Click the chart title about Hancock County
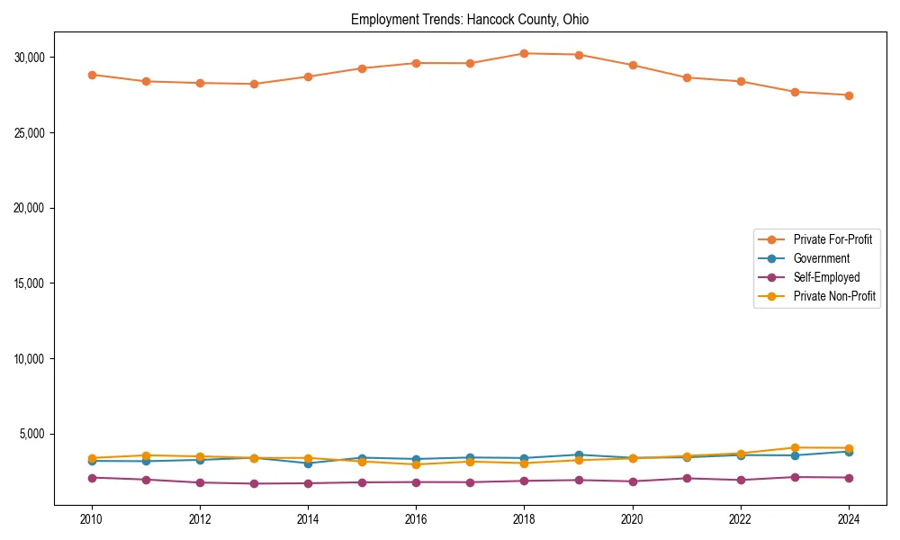tap(470, 20)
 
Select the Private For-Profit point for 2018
tap(524, 53)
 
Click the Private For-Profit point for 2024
tap(849, 95)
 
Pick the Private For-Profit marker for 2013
tap(254, 84)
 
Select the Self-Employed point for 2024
tap(849, 478)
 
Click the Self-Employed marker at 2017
tap(470, 482)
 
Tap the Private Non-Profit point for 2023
tap(795, 447)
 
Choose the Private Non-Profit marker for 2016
tap(416, 464)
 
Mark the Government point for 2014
tap(308, 463)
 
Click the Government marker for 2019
tap(578, 455)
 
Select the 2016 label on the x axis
tap(416, 519)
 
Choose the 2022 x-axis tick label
tap(740, 519)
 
